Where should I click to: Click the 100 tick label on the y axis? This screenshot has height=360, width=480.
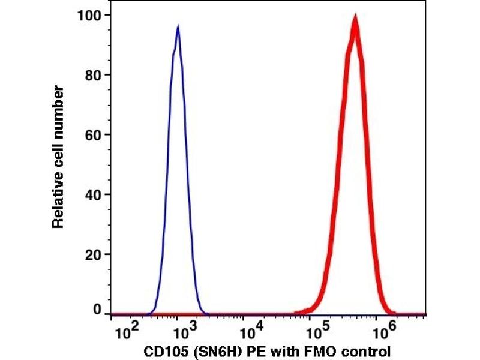[x=89, y=14]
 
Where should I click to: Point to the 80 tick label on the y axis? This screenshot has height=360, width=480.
[x=93, y=74]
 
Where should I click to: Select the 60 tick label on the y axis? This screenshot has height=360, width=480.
[x=93, y=134]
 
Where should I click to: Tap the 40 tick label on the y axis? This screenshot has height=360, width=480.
[x=93, y=194]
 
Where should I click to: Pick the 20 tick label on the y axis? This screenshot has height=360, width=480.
[x=93, y=254]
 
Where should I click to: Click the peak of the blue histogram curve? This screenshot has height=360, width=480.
[x=178, y=26]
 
